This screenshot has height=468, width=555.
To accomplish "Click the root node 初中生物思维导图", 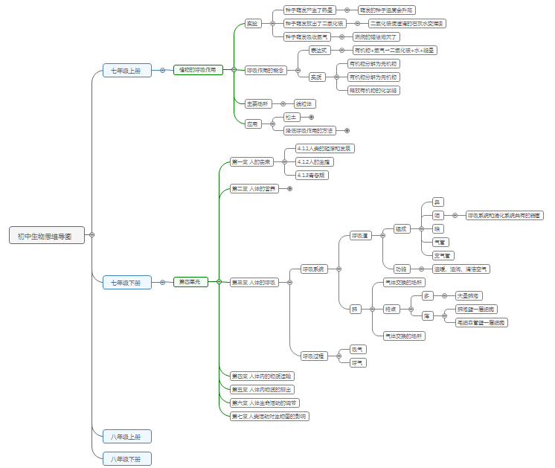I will pyautogui.click(x=46, y=236).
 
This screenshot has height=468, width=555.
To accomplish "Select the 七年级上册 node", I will pyautogui.click(x=126, y=71).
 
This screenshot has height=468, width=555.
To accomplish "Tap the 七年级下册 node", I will pyautogui.click(x=126, y=283).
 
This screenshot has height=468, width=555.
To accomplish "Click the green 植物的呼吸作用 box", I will pyautogui.click(x=197, y=70).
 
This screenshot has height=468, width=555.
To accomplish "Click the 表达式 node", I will pyautogui.click(x=319, y=50).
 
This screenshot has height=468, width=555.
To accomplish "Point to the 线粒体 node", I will pyautogui.click(x=304, y=103).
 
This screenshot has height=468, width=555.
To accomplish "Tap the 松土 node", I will pyautogui.click(x=291, y=117).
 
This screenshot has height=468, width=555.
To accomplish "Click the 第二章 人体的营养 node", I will pyautogui.click(x=254, y=189).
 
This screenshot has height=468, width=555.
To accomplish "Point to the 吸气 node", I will pyautogui.click(x=358, y=349).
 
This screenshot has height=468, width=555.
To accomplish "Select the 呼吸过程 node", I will pyautogui.click(x=312, y=356).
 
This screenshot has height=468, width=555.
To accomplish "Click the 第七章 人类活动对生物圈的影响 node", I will pyautogui.click(x=269, y=416).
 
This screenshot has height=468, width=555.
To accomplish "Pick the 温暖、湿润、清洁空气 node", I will pyautogui.click(x=461, y=269).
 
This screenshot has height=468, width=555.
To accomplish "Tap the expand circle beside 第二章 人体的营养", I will pyautogui.click(x=289, y=189).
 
